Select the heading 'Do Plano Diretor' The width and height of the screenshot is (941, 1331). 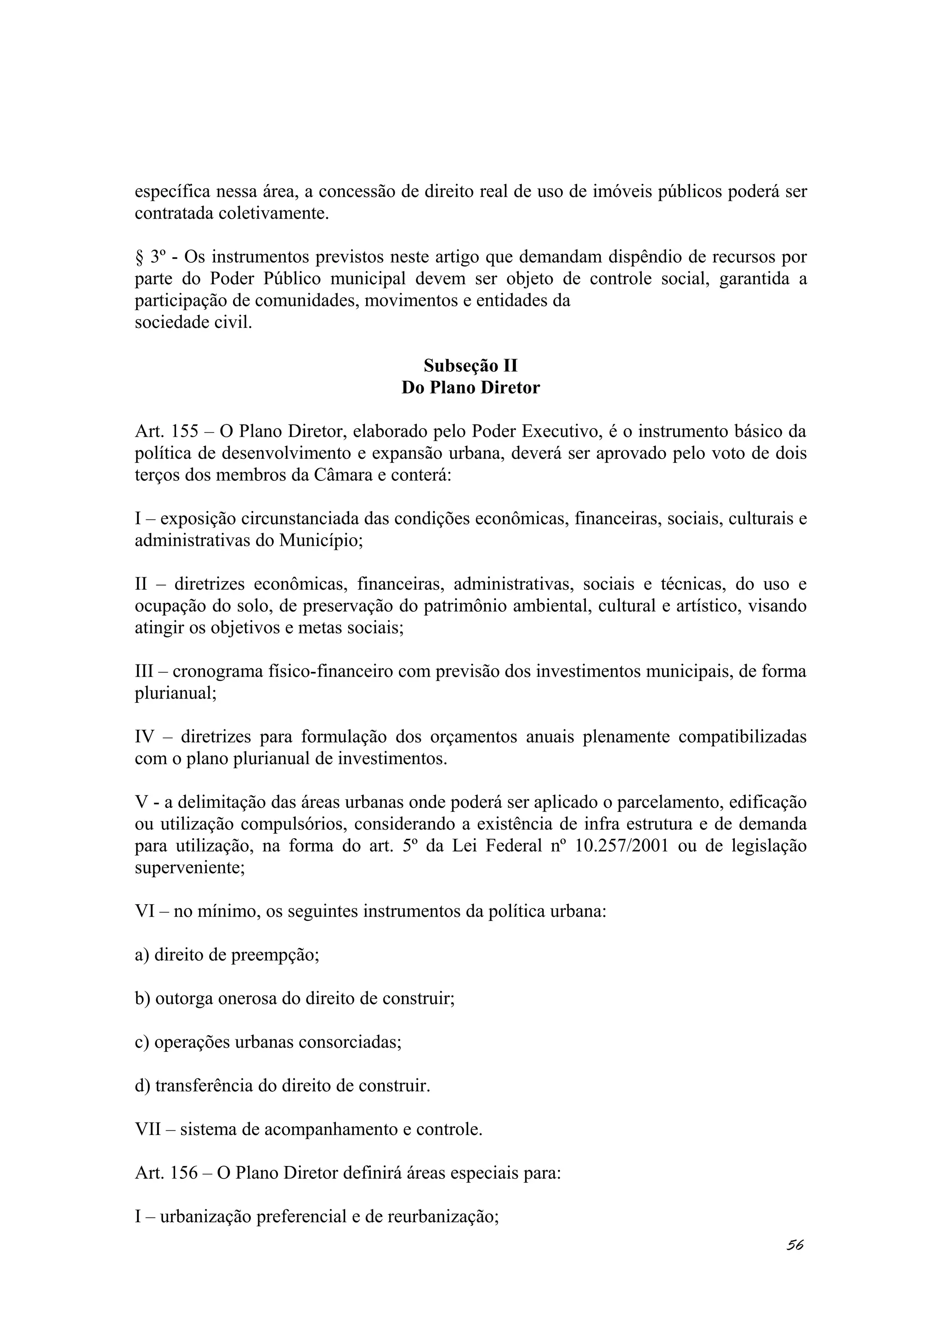click(470, 388)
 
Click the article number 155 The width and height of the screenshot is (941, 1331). click(185, 432)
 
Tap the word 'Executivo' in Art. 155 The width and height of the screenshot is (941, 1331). click(560, 432)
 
